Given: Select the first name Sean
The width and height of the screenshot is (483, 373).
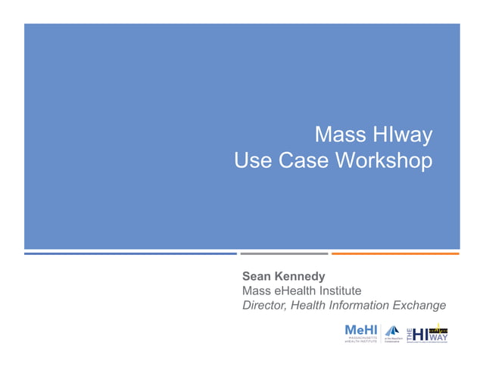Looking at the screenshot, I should point(258,277).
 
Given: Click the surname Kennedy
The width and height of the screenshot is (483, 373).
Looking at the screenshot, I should point(301,277).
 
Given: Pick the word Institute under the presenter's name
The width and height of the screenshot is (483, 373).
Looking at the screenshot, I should point(340,291).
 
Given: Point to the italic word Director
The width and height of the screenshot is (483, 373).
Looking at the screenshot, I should point(264,306).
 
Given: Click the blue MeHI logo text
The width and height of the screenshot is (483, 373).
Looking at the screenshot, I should point(360,330).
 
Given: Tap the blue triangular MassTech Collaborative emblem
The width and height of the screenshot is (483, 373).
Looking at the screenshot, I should point(392,331).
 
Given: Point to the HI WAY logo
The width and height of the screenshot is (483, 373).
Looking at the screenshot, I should point(432,333).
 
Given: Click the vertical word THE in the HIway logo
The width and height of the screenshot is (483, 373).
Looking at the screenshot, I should point(410,334).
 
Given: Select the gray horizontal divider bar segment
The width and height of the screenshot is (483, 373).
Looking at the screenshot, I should point(284,253).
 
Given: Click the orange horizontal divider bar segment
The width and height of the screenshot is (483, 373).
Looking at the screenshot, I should point(395,253).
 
